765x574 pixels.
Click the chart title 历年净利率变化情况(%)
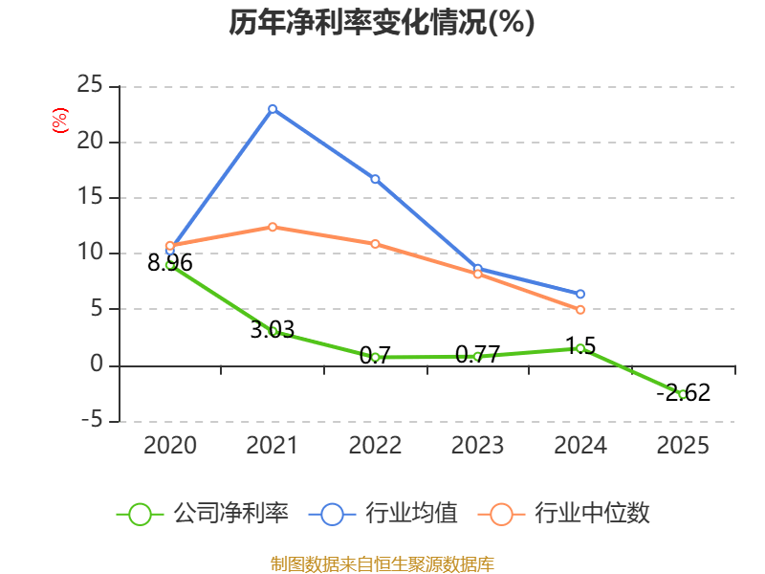pyautogui.click(x=381, y=23)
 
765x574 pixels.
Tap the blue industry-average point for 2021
pyautogui.click(x=273, y=109)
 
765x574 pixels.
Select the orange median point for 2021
pyautogui.click(x=273, y=227)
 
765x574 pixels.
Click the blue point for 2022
pyautogui.click(x=375, y=179)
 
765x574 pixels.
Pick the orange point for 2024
pyautogui.click(x=580, y=310)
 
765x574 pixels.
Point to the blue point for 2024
pyautogui.click(x=580, y=294)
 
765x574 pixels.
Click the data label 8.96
pyautogui.click(x=170, y=263)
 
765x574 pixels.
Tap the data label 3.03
pyautogui.click(x=273, y=330)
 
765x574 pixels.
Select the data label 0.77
pyautogui.click(x=477, y=355)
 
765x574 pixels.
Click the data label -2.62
pyautogui.click(x=683, y=392)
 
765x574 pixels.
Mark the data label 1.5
pyautogui.click(x=580, y=345)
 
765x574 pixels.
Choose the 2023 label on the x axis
pyautogui.click(x=477, y=446)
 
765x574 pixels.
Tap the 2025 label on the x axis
pyautogui.click(x=683, y=446)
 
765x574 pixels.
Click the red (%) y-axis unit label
pyautogui.click(x=60, y=121)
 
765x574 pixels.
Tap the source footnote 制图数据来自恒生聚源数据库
pyautogui.click(x=382, y=564)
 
